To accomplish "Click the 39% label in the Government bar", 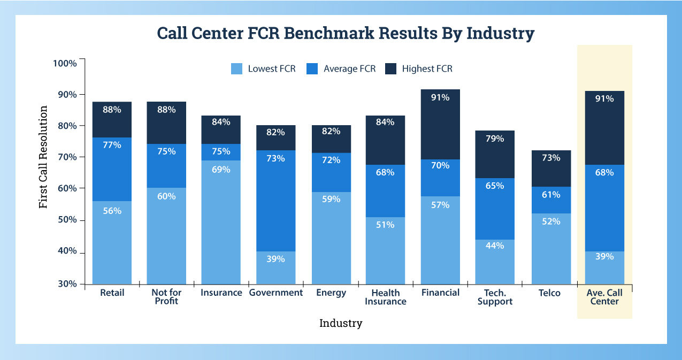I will coord(275,259).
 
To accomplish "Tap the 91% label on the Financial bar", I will coord(440,97).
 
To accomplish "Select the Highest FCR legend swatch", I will coord(390,68).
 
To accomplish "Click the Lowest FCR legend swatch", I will coord(236,68).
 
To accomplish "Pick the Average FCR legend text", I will coord(349,68).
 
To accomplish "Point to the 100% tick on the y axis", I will coord(65,63).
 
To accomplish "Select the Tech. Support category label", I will coord(495,297).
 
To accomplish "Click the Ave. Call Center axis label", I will coord(604,297).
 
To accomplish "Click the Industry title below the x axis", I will coord(341,323).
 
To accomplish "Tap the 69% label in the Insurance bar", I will coord(220,170).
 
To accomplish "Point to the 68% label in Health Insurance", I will coord(385,172).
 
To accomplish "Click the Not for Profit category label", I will coord(167,297).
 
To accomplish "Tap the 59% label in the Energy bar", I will coord(331,199).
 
